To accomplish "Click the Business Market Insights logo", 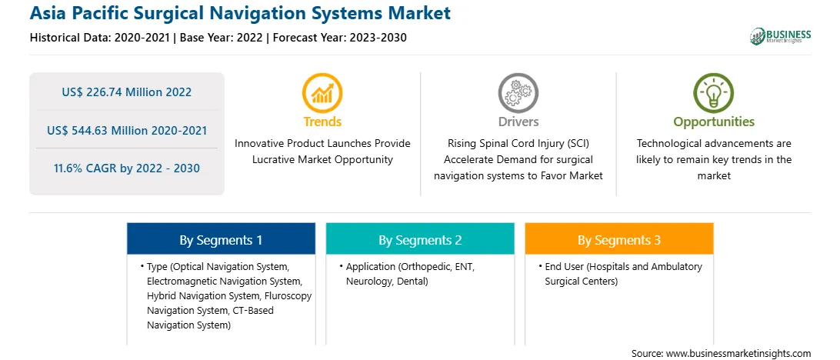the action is tap(781, 36).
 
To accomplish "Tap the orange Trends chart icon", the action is tap(322, 92).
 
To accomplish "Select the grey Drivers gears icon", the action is tap(518, 92).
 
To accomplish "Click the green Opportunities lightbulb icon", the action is tap(714, 92).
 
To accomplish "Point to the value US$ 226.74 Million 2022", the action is tap(126, 92).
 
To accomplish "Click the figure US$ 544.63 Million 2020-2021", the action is tap(126, 130).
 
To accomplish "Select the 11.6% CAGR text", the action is tap(126, 168).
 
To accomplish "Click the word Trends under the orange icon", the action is tap(322, 122).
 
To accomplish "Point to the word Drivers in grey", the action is tap(518, 122).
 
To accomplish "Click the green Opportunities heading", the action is tap(714, 122).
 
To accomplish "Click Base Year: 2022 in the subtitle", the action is tap(221, 38).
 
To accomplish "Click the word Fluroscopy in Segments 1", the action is tap(290, 295).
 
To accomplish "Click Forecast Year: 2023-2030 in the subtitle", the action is tap(339, 38).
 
